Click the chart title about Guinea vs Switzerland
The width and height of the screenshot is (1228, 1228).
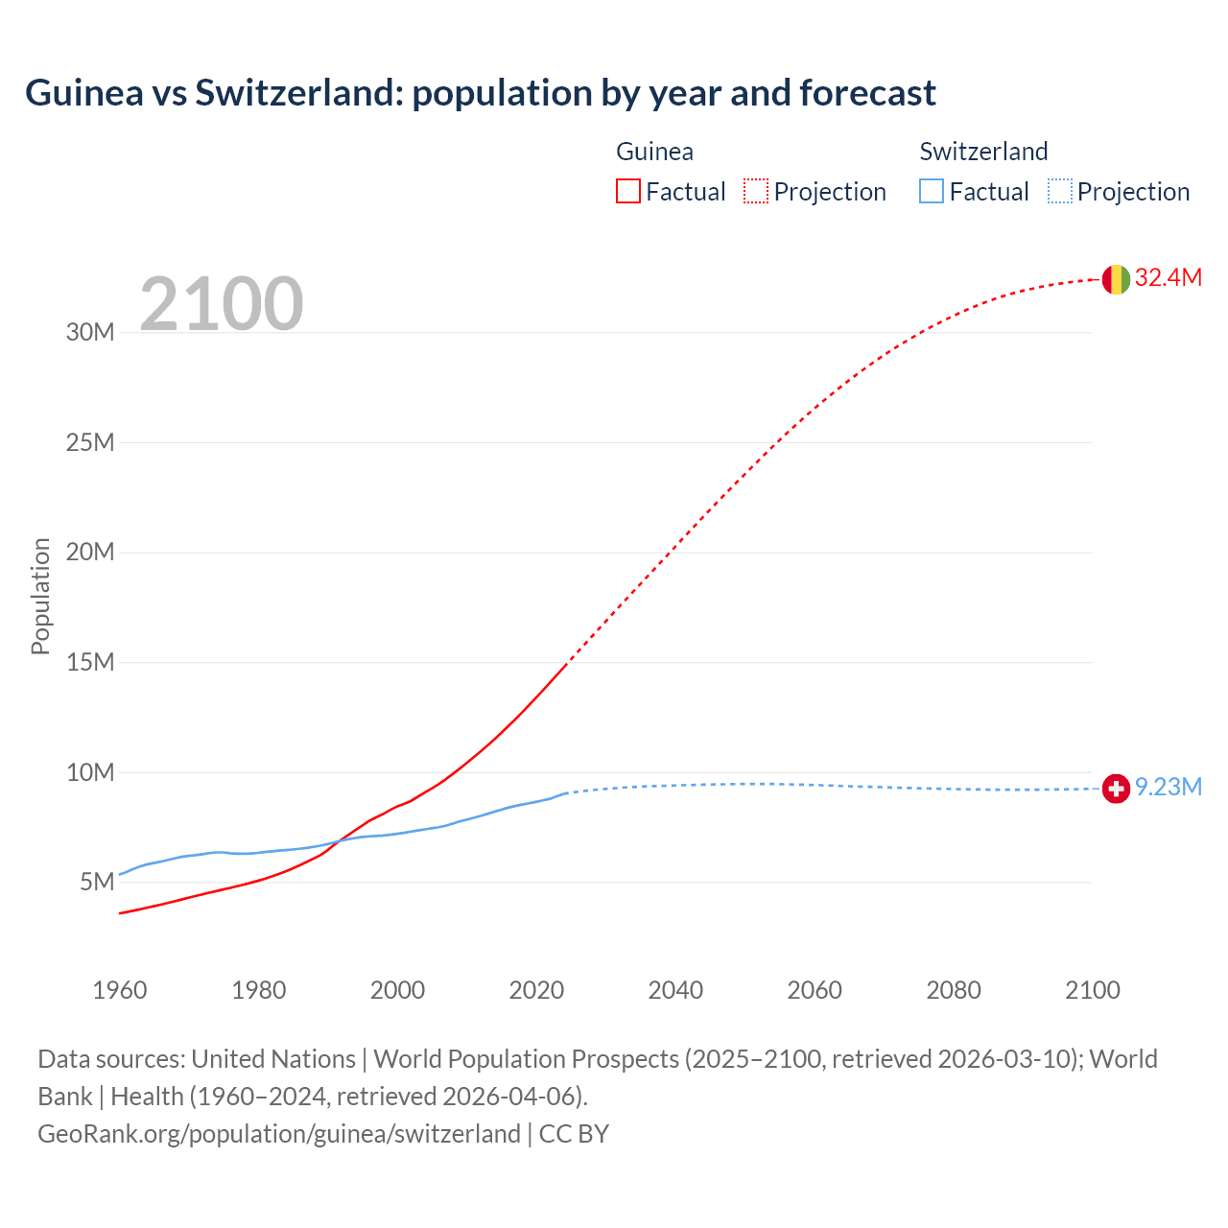[x=480, y=93]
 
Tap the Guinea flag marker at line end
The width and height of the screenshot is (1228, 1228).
[x=1115, y=279]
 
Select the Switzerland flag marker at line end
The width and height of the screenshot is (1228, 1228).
[x=1115, y=789]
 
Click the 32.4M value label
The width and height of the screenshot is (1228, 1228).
[x=1168, y=278]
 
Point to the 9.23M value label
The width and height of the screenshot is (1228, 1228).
[x=1168, y=788]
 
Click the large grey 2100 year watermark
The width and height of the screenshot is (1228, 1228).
[x=222, y=304]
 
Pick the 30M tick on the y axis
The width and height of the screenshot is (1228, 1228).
[x=90, y=333]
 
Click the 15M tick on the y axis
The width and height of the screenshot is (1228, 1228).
[x=90, y=662]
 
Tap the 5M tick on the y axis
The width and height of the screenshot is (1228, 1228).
[x=97, y=882]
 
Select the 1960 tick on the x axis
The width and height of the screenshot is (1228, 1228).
[x=120, y=990]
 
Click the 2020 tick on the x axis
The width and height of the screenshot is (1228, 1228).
[x=536, y=990]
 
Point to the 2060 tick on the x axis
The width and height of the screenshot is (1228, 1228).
[x=815, y=990]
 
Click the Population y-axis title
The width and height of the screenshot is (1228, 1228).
[x=40, y=596]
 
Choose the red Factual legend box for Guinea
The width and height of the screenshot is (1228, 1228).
[x=628, y=192]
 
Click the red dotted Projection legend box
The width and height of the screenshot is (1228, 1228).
[x=756, y=192]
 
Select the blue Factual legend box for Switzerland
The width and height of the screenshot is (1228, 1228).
[x=932, y=192]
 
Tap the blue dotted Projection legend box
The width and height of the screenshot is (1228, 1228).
[x=1059, y=192]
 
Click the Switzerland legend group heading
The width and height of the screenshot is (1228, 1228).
[x=983, y=152]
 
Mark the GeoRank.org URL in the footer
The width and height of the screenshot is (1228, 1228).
[x=278, y=1134]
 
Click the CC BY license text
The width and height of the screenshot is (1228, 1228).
[x=574, y=1134]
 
